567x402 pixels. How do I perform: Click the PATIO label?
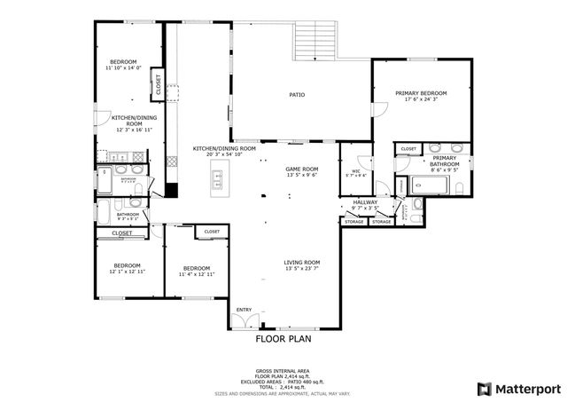pyautogui.click(x=297, y=94)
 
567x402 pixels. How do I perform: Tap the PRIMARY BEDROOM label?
pyautogui.click(x=421, y=93)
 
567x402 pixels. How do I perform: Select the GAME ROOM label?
pyautogui.click(x=301, y=169)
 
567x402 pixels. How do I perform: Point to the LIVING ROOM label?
pyautogui.click(x=301, y=263)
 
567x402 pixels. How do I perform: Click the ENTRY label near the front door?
pyautogui.click(x=244, y=321)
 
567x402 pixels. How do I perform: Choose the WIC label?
pyautogui.click(x=355, y=170)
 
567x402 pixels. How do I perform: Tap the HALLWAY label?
pyautogui.click(x=366, y=202)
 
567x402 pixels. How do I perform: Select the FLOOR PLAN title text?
pyautogui.click(x=283, y=338)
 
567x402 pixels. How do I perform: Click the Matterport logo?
pyautogui.click(x=518, y=388)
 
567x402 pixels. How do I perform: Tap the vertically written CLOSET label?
pyautogui.click(x=159, y=86)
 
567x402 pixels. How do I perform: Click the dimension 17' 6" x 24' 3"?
pyautogui.click(x=421, y=99)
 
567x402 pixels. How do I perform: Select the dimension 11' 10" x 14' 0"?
pyautogui.click(x=123, y=67)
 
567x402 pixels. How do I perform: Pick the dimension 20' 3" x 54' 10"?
pyautogui.click(x=224, y=154)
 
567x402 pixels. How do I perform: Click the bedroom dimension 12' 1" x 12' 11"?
pyautogui.click(x=127, y=272)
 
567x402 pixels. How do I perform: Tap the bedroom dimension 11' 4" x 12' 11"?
pyautogui.click(x=197, y=274)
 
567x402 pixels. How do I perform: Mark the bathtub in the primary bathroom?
pyautogui.click(x=429, y=185)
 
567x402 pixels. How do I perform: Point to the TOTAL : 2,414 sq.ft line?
pyautogui.click(x=283, y=387)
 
